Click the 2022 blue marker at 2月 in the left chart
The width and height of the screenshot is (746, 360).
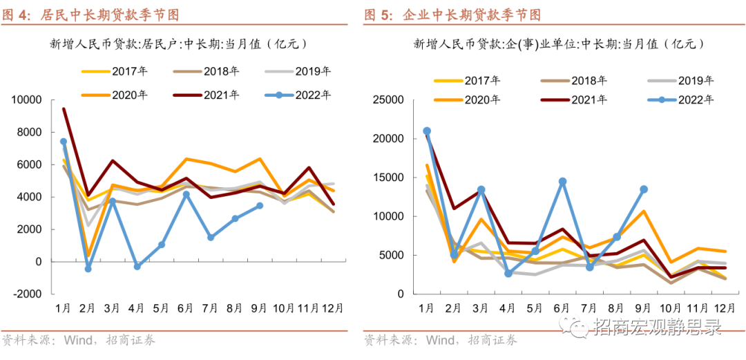click(x=88, y=269)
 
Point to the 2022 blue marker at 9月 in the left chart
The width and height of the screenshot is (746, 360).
click(x=260, y=205)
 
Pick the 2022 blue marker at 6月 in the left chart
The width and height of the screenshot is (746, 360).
click(x=186, y=194)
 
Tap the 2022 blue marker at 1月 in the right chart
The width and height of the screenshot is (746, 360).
click(x=427, y=131)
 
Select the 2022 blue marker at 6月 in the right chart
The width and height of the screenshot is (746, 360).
click(x=563, y=181)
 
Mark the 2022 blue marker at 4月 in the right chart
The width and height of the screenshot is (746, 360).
click(x=508, y=274)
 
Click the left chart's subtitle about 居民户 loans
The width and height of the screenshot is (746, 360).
click(x=178, y=44)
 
